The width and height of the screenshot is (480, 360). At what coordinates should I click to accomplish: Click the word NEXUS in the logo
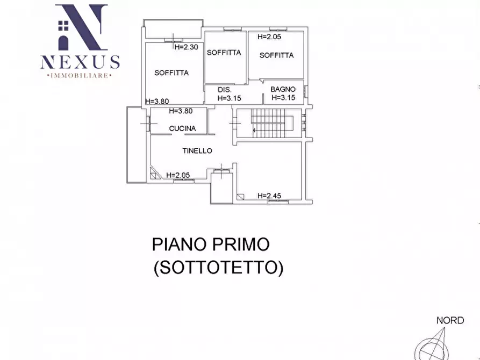[x=80, y=62]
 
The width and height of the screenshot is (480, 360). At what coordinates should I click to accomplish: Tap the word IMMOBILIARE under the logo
[x=80, y=76]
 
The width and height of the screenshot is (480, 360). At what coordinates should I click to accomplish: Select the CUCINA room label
[x=182, y=128]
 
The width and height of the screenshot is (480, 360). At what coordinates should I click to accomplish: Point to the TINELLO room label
[x=197, y=151]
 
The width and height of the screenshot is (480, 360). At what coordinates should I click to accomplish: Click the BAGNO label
[x=283, y=89]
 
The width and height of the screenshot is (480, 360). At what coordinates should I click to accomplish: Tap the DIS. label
[x=224, y=90]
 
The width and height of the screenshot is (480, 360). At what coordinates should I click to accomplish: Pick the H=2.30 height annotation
[x=187, y=47]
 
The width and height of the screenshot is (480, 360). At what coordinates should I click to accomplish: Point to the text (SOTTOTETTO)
[x=218, y=267]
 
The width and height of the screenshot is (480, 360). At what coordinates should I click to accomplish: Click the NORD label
[x=449, y=321]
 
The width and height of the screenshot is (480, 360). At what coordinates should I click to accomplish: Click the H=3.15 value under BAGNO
[x=285, y=98]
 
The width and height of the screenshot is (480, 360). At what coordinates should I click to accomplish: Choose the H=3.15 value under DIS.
[x=230, y=98]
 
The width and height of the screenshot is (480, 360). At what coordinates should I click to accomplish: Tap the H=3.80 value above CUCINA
[x=181, y=111]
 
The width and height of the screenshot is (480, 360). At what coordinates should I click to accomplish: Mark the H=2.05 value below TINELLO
[x=178, y=175]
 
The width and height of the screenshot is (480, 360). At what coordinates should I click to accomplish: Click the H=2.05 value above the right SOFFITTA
[x=269, y=37]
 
